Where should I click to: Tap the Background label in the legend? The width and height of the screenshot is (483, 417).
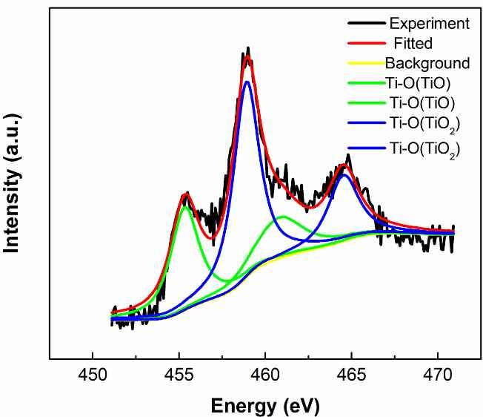pyautogui.click(x=427, y=63)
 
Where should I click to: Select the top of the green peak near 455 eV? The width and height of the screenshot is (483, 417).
pyautogui.click(x=186, y=206)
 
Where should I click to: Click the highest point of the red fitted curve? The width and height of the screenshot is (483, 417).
pyautogui.click(x=248, y=57)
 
